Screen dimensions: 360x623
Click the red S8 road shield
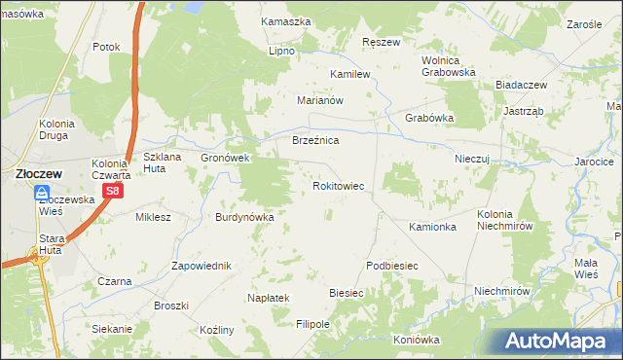[113, 192]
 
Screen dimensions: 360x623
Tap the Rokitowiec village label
[338, 184]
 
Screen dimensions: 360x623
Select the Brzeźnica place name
[315, 141]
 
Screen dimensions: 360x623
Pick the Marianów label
[322, 100]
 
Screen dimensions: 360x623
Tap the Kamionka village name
[433, 227]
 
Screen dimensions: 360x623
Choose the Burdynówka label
[245, 217]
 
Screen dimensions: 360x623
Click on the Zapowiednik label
[201, 266]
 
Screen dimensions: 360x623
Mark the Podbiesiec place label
[391, 266]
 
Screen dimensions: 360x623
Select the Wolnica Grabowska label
[448, 65]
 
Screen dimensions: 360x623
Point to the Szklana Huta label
[164, 162]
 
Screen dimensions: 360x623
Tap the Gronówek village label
[226, 158]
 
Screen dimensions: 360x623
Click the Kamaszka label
[286, 20]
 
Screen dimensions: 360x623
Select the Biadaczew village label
[521, 85]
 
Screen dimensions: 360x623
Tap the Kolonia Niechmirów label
[507, 220]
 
